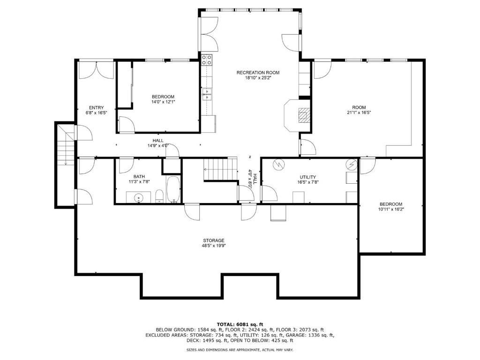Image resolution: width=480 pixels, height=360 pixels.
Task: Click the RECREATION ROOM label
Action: click(258, 73)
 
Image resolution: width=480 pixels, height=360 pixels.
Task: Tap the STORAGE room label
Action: click(214, 240)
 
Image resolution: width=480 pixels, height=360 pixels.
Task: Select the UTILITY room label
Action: click(307, 177)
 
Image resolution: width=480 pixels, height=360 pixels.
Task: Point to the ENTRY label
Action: click(97, 108)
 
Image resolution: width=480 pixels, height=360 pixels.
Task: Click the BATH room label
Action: click(139, 177)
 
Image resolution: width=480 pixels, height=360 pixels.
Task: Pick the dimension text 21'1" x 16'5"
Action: click(359, 112)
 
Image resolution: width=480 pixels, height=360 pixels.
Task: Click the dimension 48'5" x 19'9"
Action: click(214, 246)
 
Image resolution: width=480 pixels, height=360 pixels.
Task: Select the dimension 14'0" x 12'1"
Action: click(163, 102)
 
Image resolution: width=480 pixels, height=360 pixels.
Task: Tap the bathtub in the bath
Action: click(173, 189)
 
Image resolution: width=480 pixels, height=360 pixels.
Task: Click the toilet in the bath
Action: click(159, 196)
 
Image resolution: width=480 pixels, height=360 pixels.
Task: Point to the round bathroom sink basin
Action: click(139, 198)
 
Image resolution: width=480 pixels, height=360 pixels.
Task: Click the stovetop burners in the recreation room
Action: click(207, 60)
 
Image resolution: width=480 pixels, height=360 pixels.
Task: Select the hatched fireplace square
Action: click(304, 115)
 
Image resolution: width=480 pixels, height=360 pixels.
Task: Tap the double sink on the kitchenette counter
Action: click(207, 94)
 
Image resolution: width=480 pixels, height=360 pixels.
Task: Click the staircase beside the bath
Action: click(221, 169)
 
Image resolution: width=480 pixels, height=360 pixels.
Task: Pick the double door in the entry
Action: click(97, 70)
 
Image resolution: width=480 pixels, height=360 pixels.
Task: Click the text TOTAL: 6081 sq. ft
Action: click(240, 324)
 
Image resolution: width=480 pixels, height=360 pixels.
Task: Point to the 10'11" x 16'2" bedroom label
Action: click(390, 207)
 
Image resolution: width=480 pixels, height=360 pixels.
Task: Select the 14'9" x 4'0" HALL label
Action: click(158, 143)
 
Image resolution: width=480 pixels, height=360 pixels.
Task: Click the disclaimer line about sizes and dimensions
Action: click(240, 350)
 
